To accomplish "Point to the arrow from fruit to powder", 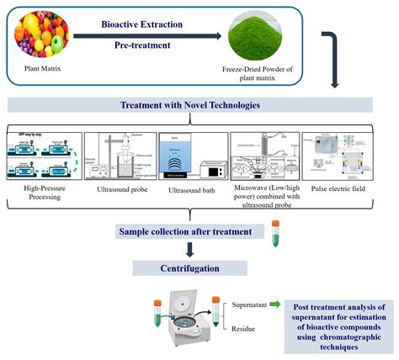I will point(147,35).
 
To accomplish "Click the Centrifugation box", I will point(191,268).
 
